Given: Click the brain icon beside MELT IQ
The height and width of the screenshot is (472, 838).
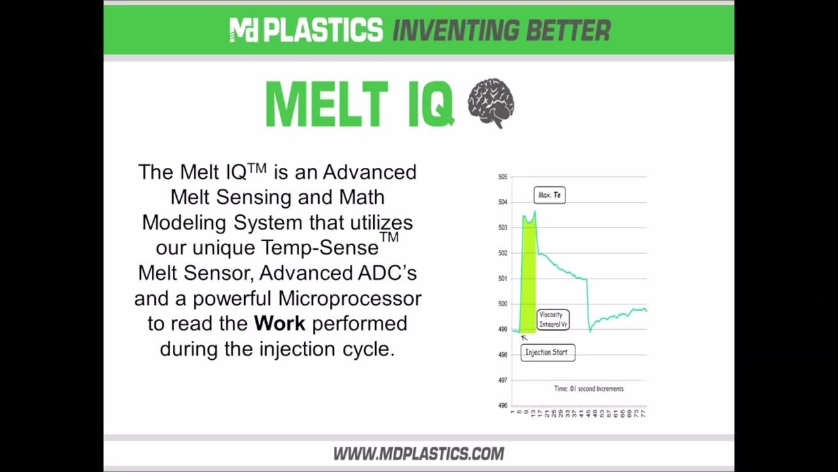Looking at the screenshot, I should (490, 103).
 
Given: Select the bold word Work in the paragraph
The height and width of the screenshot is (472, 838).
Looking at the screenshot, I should (280, 323).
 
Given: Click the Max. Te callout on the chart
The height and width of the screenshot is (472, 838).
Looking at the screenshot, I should (549, 195).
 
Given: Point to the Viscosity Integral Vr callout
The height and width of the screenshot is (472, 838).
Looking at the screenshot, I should (553, 319).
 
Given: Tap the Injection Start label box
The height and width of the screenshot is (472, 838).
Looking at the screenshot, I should (548, 352).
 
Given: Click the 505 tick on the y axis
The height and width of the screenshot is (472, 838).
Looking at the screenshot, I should (503, 177).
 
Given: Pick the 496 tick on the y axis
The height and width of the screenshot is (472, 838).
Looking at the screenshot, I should (503, 406).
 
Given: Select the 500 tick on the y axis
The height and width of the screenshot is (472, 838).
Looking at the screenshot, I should (503, 304).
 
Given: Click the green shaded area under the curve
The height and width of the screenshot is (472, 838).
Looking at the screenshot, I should (528, 275).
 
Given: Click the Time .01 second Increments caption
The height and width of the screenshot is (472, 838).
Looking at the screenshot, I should (589, 389).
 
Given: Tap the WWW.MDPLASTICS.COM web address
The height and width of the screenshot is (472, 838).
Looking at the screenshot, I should (419, 454).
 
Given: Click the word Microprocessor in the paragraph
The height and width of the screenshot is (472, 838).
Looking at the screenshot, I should (350, 298).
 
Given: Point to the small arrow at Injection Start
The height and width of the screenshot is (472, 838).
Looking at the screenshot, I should (524, 338).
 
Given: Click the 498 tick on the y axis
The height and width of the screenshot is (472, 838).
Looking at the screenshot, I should (503, 355).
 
